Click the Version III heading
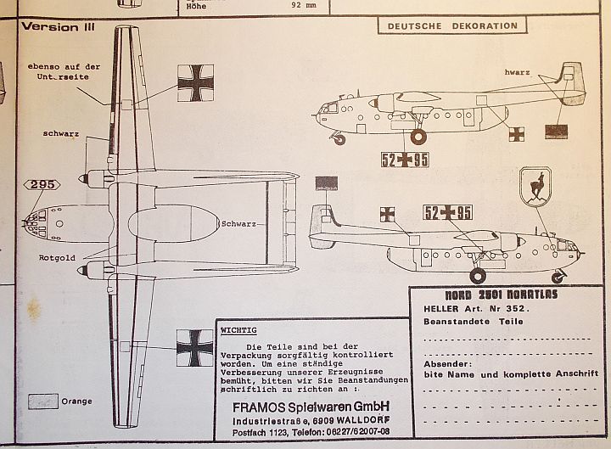[x=58, y=26]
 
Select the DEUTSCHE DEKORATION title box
[x=452, y=25]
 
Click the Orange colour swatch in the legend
[x=42, y=401]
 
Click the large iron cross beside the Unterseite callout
[x=195, y=83]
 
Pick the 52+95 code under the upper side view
[x=405, y=160]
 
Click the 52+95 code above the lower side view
[x=447, y=212]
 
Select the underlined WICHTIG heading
[x=238, y=329]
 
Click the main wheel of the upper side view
[x=418, y=136]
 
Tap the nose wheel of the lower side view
[x=558, y=277]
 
